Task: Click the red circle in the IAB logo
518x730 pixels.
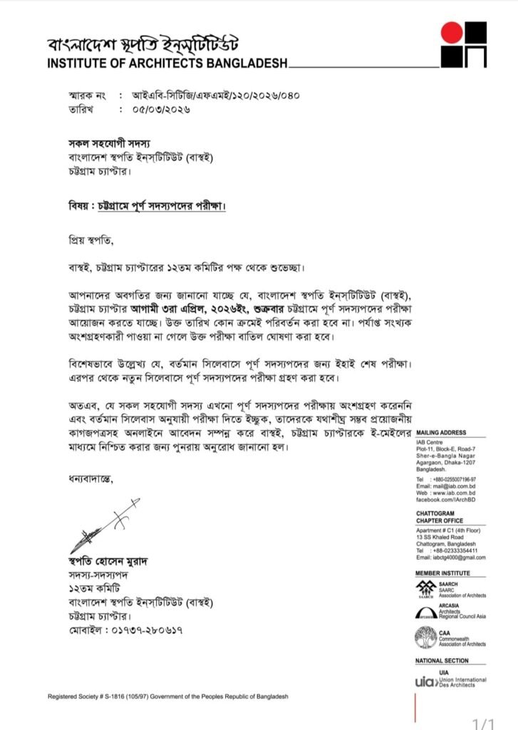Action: (x=452, y=33)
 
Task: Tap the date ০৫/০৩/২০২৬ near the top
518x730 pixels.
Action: (x=161, y=110)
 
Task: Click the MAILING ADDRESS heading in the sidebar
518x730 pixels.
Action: (x=441, y=433)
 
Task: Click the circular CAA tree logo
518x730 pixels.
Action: (x=425, y=637)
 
